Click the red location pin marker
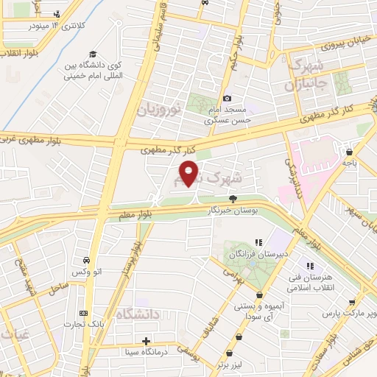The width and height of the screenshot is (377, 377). coord(190,174)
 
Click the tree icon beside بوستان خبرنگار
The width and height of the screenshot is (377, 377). coord(233,198)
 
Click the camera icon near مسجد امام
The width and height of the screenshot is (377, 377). coord(227,98)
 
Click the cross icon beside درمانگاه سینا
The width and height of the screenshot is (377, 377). coord(147,341)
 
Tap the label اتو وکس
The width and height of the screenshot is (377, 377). coord(88,272)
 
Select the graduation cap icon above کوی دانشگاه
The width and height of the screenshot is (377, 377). coord(92,54)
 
